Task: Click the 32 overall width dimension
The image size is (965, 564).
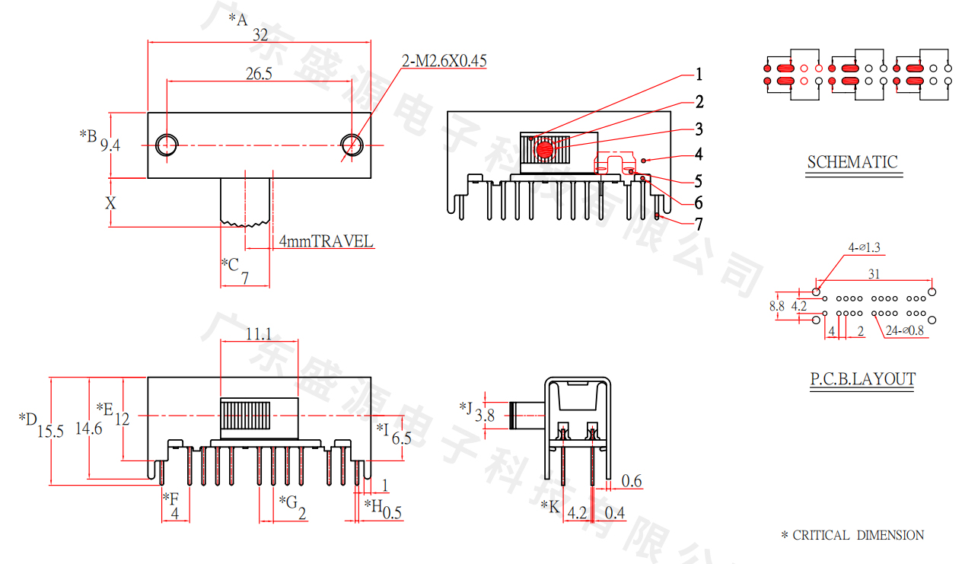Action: pos(260,35)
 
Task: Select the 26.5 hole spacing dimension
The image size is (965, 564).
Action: pos(260,74)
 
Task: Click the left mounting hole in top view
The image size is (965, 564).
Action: pos(167,144)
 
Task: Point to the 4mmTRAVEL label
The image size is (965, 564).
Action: pos(326,242)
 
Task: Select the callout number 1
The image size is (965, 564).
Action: pos(699,75)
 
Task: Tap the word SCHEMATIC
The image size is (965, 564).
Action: pos(852,162)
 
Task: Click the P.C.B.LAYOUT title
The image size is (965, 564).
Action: pos(862,379)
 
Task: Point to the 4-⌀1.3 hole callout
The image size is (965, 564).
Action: pos(869,247)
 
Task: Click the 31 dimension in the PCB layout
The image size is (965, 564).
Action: pos(874,273)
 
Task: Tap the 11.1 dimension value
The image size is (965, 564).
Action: pos(260,333)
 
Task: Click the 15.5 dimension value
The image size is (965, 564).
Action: pos(50,432)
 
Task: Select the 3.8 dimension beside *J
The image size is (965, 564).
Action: pos(485,416)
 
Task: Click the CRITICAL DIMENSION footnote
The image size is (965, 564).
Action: pos(852,535)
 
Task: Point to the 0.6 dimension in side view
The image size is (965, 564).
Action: pos(632,481)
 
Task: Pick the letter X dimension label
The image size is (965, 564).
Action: pos(111,203)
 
